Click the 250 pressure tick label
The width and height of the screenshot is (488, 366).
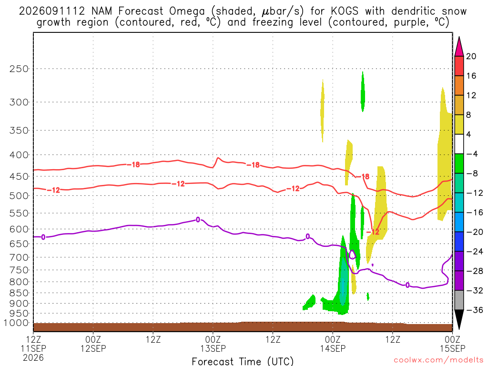[19, 69]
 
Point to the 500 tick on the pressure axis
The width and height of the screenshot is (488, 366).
[19, 196]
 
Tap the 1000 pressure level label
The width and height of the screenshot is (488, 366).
[17, 323]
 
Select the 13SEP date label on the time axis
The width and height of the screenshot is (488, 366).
[213, 348]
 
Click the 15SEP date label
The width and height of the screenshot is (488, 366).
[453, 348]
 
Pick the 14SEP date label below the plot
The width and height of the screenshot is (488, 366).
[333, 348]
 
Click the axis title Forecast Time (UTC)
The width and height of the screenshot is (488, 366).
[243, 361]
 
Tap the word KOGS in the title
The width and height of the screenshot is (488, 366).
[345, 11]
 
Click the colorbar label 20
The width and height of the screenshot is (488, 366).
[471, 56]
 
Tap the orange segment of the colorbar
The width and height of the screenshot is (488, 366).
[459, 85]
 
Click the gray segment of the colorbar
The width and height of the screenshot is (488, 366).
[459, 300]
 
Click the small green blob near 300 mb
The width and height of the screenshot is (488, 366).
[363, 91]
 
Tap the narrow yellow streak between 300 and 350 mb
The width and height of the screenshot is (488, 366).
[323, 111]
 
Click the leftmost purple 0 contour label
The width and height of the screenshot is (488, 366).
[43, 237]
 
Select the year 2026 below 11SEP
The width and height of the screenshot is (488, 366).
[33, 357]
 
